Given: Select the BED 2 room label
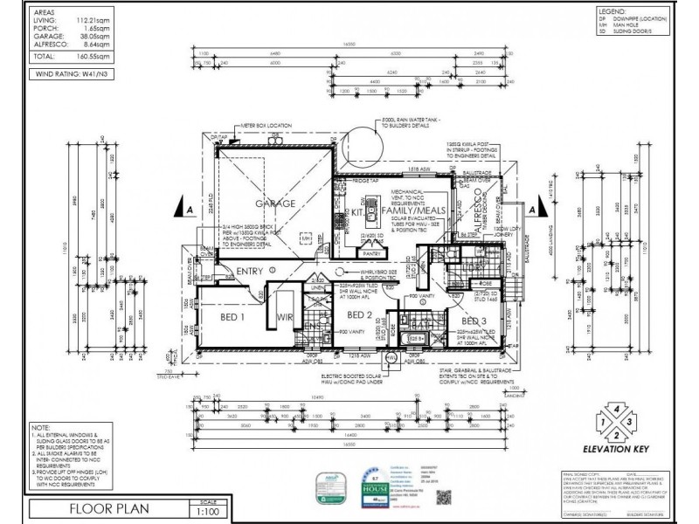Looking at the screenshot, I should point(360,314).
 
